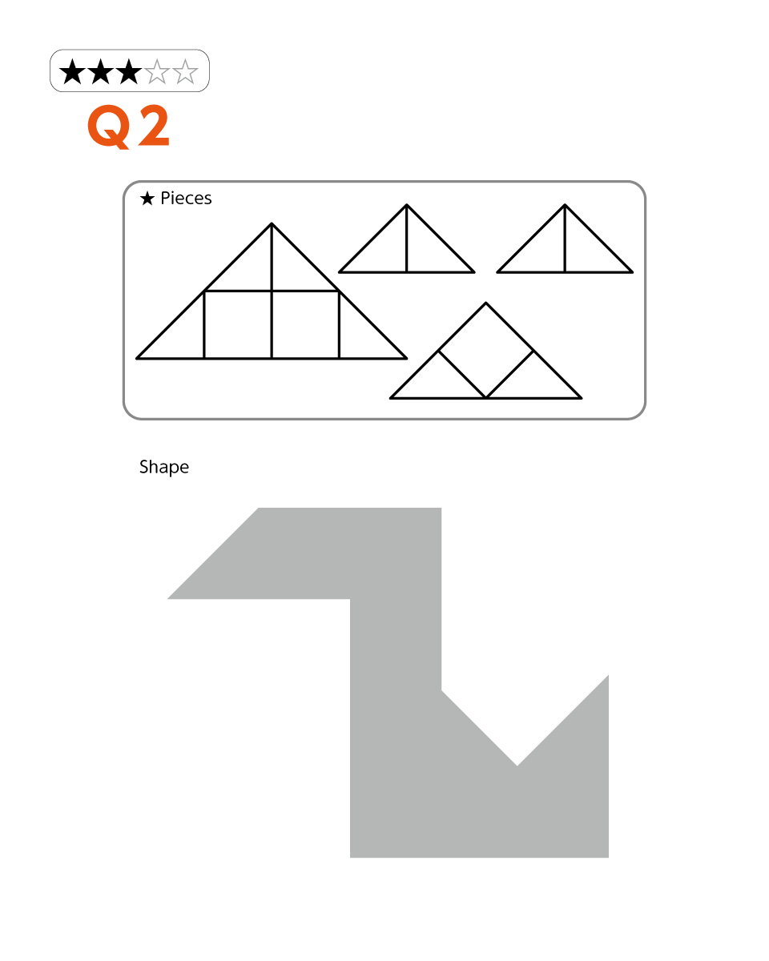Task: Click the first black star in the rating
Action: (72, 71)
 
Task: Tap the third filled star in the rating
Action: (129, 71)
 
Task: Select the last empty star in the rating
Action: (185, 71)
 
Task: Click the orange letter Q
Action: (109, 127)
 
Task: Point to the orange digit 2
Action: (154, 126)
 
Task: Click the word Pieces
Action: (186, 198)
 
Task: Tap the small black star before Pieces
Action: (147, 199)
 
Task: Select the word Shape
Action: (164, 467)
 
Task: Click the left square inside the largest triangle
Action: (238, 324)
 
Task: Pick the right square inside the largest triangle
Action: (305, 324)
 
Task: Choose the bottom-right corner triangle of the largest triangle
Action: (361, 336)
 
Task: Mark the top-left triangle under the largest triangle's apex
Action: (249, 269)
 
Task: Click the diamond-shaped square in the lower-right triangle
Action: (485, 351)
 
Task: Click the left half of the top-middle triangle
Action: (384, 250)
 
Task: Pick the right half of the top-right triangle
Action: (587, 250)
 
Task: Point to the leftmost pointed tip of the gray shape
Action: (167, 599)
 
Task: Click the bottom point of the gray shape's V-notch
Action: (517, 766)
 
